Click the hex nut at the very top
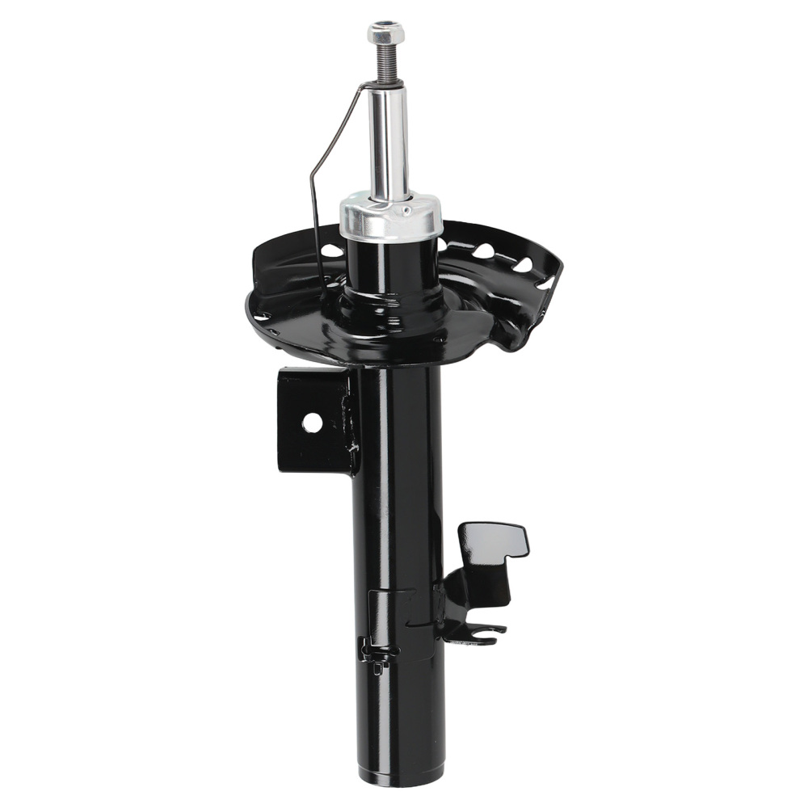point(385,33)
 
